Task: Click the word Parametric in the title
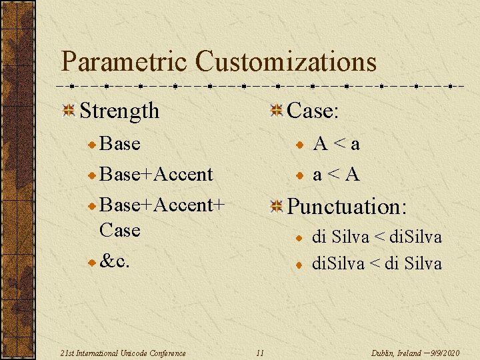coord(124,62)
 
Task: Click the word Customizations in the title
coord(286,62)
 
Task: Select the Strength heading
coord(119,111)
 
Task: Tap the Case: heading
coord(313,110)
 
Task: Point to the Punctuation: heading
coord(346,207)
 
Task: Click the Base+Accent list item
coord(155,174)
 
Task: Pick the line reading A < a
coord(337,144)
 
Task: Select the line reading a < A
coord(337,175)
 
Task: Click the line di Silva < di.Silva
coord(377,237)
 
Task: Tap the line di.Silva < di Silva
coord(377,264)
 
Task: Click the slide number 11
coord(260,353)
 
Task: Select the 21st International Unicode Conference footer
coord(123,353)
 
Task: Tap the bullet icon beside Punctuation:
coord(276,207)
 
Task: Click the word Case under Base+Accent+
coord(119,230)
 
